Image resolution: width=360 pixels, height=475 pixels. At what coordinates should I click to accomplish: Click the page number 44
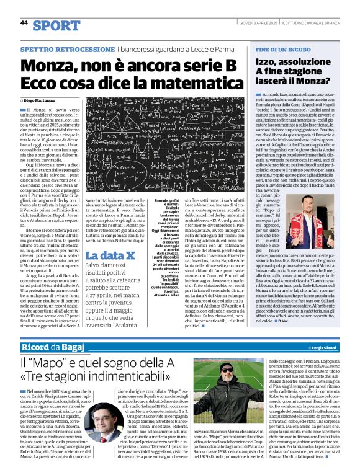click(x=24, y=22)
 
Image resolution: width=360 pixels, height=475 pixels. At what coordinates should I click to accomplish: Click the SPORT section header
click(x=56, y=25)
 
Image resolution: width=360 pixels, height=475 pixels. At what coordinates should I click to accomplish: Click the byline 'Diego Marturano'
click(x=38, y=100)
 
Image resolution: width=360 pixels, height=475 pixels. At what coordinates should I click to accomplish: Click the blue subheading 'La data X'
click(x=107, y=255)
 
